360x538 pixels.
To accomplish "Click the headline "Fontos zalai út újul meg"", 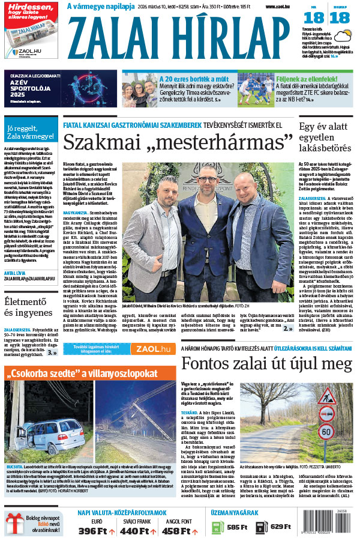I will tap(266, 363).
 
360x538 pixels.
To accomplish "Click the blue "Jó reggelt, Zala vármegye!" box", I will tap(30, 132).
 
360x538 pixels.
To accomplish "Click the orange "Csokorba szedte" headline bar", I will tap(89, 373).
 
